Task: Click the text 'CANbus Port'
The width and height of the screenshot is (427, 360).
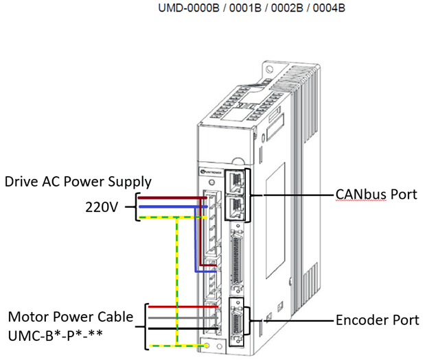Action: [377, 194]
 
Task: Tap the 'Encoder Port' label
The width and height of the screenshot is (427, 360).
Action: [376, 320]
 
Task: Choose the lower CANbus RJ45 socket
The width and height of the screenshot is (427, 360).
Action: [235, 204]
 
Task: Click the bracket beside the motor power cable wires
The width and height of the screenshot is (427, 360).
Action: [146, 326]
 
